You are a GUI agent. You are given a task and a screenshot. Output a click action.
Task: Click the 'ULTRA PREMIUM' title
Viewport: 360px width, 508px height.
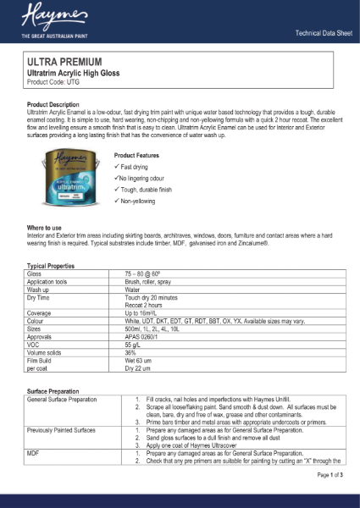pyautogui.click(x=64, y=63)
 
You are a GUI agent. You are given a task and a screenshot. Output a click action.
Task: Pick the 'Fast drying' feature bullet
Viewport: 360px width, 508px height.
pyautogui.click(x=135, y=167)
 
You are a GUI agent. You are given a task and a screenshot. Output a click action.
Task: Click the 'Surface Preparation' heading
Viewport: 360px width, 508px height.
pyautogui.click(x=59, y=392)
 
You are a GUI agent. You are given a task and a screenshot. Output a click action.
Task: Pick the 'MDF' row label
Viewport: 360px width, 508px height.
pyautogui.click(x=34, y=453)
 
